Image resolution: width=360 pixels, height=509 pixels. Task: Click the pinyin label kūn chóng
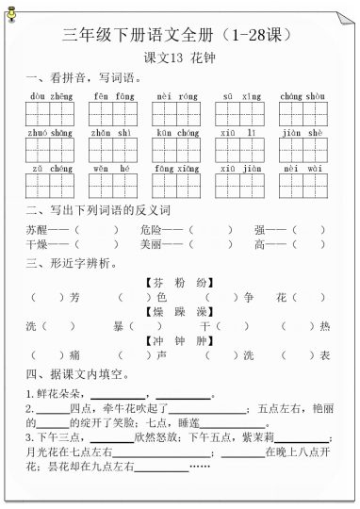coord(175,134)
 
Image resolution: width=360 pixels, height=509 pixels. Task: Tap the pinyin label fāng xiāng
coord(175,170)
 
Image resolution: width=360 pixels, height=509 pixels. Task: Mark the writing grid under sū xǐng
coord(238,114)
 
